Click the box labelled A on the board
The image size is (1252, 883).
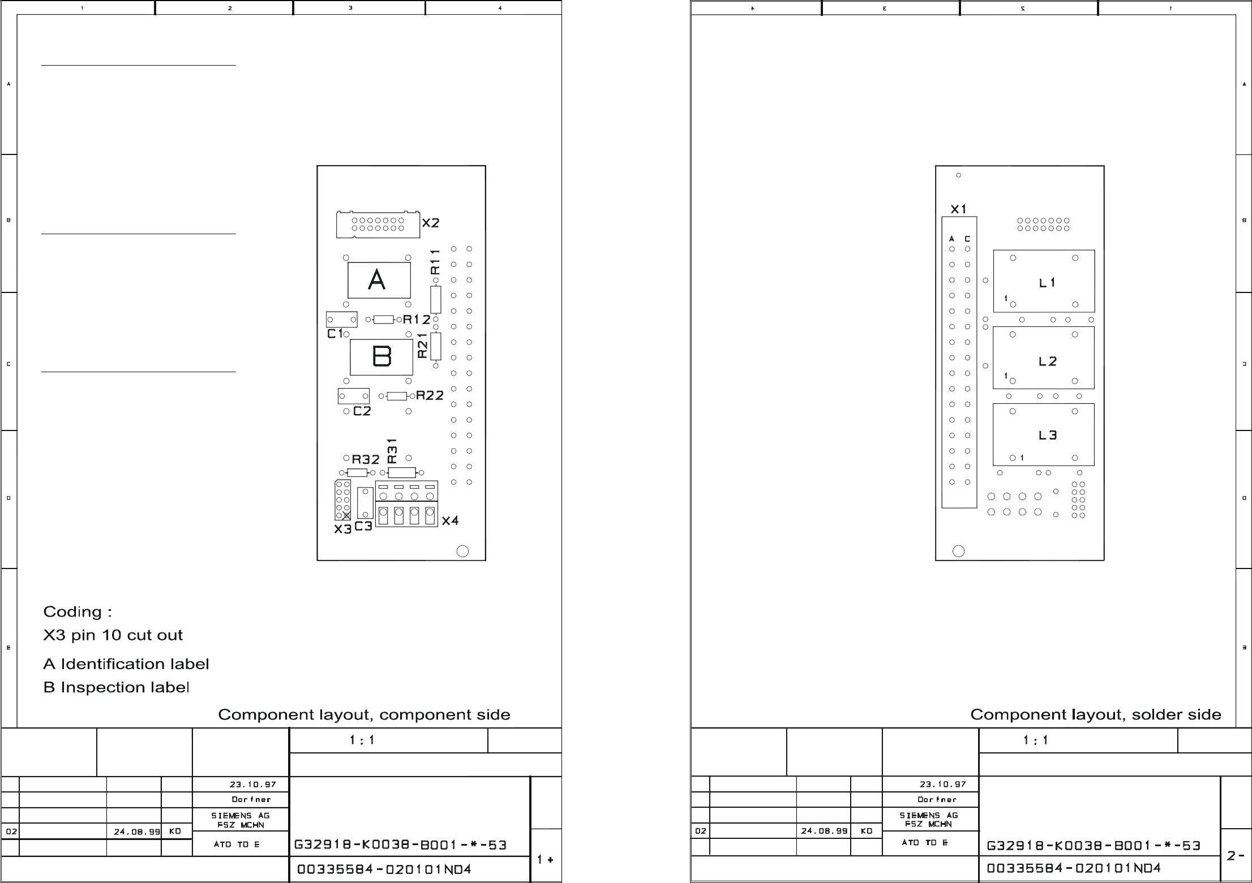(379, 280)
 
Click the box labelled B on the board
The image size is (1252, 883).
(381, 357)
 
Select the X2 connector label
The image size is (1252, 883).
(431, 223)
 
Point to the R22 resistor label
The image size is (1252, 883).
(430, 395)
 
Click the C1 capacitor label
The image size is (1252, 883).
(335, 334)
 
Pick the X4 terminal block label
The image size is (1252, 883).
(450, 520)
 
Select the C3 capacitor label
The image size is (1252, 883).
(363, 526)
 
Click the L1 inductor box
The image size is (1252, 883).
(1044, 281)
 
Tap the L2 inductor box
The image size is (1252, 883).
(1044, 358)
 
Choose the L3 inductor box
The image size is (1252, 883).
(1044, 434)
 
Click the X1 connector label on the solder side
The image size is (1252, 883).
(959, 209)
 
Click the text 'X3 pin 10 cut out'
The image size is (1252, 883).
(113, 635)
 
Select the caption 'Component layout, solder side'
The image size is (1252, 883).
(1096, 715)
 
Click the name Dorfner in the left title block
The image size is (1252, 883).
(251, 800)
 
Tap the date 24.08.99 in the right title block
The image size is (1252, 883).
(824, 831)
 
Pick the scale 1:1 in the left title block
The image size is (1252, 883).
(362, 740)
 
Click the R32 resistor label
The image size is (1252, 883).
(366, 459)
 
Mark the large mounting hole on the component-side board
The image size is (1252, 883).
(462, 551)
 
